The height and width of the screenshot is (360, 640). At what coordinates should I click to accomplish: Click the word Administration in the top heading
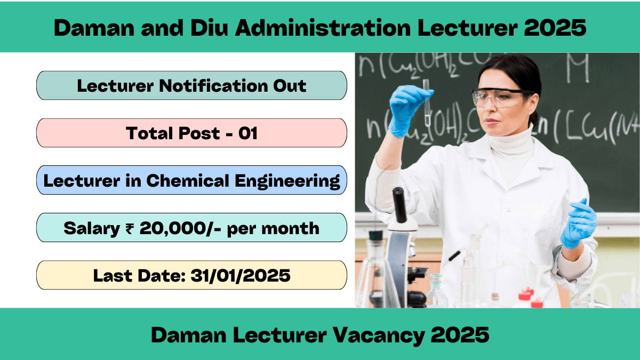coord(323,28)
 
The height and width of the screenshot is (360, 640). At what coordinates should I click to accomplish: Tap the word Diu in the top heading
coord(209,28)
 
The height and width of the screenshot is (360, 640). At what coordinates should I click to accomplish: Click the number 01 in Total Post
coord(248,133)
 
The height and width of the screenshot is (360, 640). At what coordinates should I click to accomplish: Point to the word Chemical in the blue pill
coord(188,181)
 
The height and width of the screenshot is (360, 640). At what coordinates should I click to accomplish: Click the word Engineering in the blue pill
coord(287,181)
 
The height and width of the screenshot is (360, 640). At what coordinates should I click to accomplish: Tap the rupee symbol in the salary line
coord(130,229)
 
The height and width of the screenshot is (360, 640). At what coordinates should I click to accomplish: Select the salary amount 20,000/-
coord(180,229)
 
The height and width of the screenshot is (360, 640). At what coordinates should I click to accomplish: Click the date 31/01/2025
coord(241,276)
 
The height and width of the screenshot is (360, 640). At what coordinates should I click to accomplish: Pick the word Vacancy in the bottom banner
coord(378,335)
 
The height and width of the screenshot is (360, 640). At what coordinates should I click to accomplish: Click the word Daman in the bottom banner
coord(189,335)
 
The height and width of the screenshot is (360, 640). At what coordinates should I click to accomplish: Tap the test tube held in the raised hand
coord(427,103)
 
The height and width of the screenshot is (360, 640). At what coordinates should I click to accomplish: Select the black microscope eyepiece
coord(399,205)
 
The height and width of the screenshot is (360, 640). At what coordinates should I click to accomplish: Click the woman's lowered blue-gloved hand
coord(578,225)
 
